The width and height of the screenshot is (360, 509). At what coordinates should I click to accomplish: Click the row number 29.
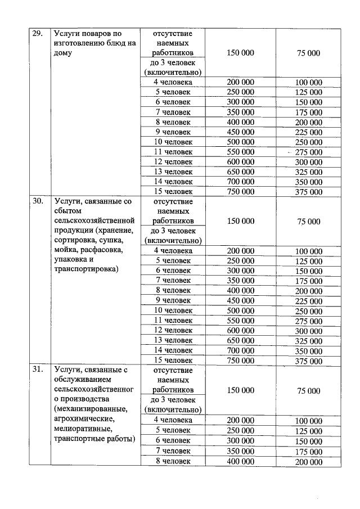tap(37, 33)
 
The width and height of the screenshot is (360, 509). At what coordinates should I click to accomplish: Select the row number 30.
tap(37, 202)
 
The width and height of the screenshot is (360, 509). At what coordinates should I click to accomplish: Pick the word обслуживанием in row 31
tap(81, 380)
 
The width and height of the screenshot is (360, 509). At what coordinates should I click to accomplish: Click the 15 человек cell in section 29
tap(173, 192)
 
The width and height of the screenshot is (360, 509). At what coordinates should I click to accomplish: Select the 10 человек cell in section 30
tap(173, 310)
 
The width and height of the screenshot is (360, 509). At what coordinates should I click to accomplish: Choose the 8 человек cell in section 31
tap(173, 461)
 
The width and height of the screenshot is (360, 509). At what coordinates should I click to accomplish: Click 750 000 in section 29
tap(241, 192)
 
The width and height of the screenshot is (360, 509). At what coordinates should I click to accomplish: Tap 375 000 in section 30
tap(309, 361)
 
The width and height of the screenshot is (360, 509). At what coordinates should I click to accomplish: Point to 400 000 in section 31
tap(241, 461)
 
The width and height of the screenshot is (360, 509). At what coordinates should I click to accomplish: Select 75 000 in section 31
tap(309, 390)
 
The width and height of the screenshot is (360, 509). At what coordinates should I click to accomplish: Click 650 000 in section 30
tap(241, 340)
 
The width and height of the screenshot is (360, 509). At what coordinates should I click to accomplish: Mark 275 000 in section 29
tap(309, 152)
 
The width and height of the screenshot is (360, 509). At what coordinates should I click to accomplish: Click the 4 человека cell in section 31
tap(173, 420)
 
